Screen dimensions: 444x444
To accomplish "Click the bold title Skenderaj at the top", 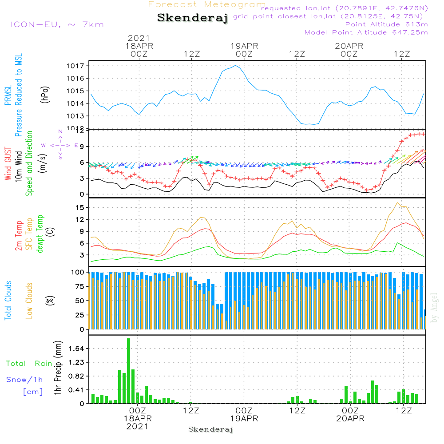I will point(193,18).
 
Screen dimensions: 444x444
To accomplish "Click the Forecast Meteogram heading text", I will point(207,5).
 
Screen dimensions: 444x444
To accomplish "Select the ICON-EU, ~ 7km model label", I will point(57,24).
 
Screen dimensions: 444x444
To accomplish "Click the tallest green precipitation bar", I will point(128,371).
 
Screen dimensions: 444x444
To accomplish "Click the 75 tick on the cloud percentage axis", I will point(79,286).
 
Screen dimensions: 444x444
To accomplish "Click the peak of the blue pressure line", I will point(236,66).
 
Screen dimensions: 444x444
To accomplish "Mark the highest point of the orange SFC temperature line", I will point(396,202).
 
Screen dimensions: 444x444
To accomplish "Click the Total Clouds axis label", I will point(8,301).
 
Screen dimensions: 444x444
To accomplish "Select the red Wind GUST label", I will point(8,164).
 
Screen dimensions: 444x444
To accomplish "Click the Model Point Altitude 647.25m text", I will point(366,32).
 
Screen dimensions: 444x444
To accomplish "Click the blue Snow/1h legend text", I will point(24,380).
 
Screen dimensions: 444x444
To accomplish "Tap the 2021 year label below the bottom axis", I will point(138,426).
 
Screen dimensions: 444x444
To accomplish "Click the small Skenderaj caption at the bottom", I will point(210,429).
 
